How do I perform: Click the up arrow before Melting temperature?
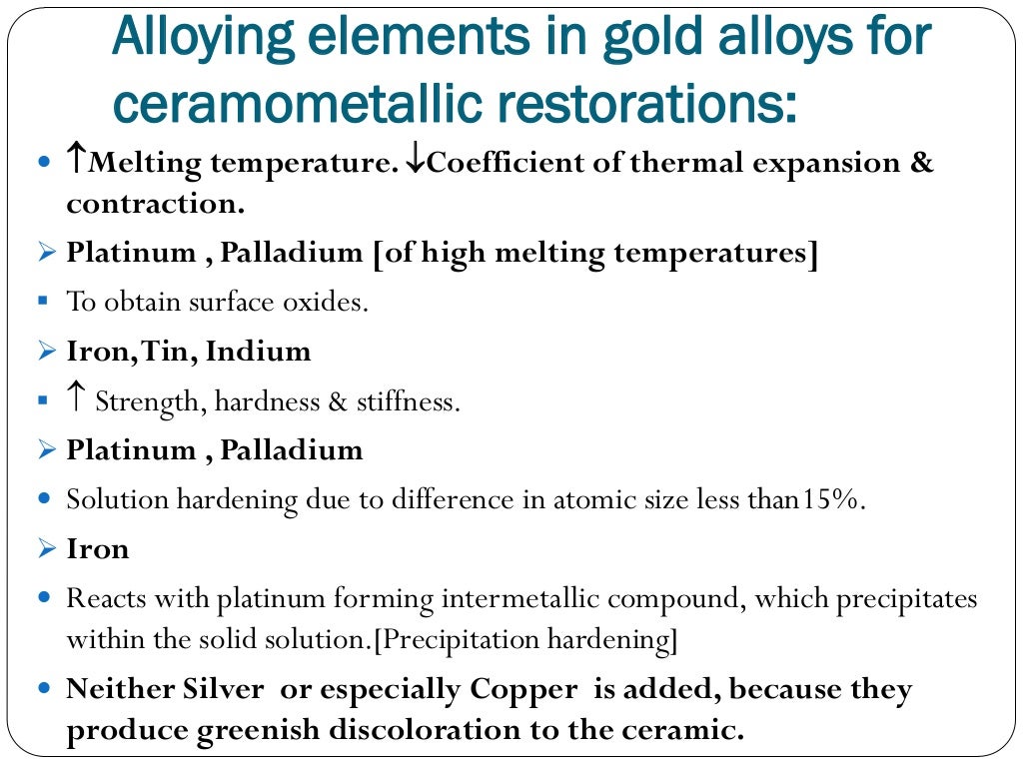pos(76,161)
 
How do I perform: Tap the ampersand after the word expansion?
pos(922,163)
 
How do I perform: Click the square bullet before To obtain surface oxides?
pos(43,301)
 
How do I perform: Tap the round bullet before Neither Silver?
pos(42,689)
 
